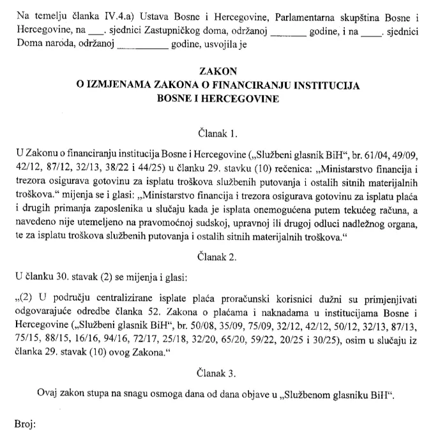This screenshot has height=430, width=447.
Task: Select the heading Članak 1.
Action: click(218, 134)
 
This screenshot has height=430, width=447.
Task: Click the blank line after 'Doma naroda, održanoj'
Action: click(140, 45)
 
